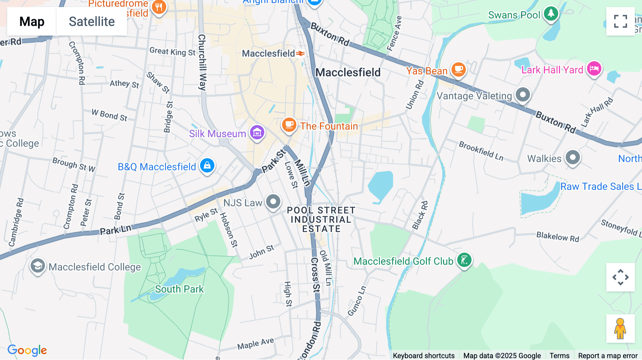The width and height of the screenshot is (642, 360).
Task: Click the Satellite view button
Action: click(92, 21)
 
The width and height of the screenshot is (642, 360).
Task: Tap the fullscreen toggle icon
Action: click(620, 21)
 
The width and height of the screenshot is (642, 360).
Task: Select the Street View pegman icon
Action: click(620, 328)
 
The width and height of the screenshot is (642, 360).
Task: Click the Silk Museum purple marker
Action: click(257, 133)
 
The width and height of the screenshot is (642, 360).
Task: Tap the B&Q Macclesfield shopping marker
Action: click(207, 166)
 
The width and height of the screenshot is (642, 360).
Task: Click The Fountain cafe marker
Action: click(289, 125)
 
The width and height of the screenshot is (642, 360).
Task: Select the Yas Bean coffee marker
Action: click(458, 69)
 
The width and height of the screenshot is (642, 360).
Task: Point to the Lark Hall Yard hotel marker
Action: click(594, 68)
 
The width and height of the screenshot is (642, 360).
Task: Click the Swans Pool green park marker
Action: click(551, 14)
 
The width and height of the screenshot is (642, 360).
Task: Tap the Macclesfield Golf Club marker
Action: click(464, 260)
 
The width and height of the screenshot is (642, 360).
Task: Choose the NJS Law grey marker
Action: click(273, 202)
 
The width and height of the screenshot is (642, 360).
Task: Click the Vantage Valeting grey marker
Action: click(523, 95)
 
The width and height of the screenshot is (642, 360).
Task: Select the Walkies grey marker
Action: click(573, 158)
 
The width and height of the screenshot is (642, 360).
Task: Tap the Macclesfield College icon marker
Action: click(37, 266)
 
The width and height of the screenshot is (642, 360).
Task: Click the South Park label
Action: click(179, 289)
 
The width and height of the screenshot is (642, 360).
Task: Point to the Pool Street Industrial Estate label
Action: click(321, 220)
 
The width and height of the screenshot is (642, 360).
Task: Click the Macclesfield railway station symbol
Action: click(301, 53)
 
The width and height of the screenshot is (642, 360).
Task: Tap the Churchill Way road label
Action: click(202, 62)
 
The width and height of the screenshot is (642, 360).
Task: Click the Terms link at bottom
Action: click(559, 355)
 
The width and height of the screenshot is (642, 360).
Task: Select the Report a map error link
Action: click(607, 355)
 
